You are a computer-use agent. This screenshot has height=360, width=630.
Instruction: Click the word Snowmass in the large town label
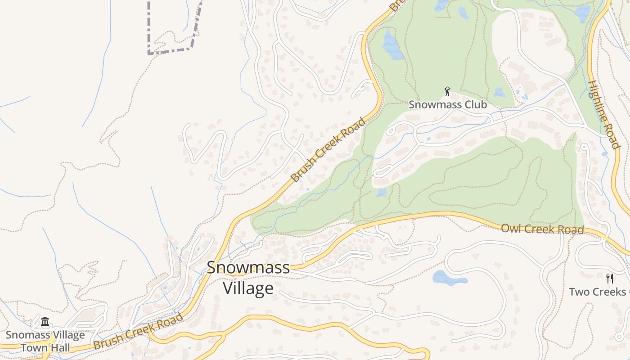pyautogui.click(x=248, y=268)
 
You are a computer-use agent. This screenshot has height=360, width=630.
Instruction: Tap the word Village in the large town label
pyautogui.click(x=248, y=288)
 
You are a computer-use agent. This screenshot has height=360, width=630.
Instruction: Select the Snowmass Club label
pyautogui.click(x=447, y=104)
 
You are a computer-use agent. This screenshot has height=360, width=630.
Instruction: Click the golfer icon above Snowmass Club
pyautogui.click(x=447, y=92)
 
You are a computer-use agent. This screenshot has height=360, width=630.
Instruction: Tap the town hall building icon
pyautogui.click(x=45, y=322)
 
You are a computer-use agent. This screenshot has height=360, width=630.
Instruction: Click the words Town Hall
pyautogui.click(x=45, y=347)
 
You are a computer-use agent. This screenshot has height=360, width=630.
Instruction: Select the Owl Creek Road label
pyautogui.click(x=542, y=229)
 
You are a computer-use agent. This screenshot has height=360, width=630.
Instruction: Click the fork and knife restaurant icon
pyautogui.click(x=610, y=278)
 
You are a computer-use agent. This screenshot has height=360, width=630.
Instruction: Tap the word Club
pyautogui.click(x=477, y=104)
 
